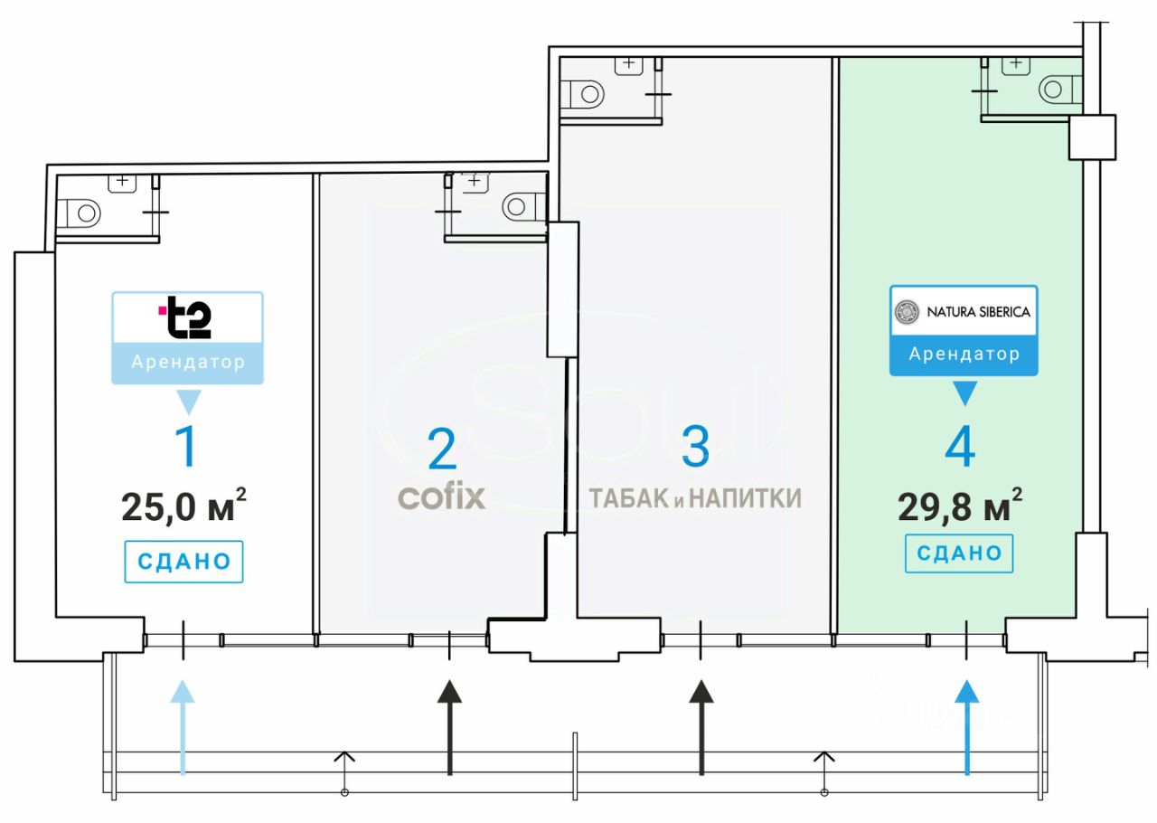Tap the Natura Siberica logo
[x=963, y=313]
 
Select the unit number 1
[x=185, y=447]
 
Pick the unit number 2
[x=442, y=449]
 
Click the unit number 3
[x=694, y=447]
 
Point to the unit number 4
[x=960, y=448]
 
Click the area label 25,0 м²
[x=183, y=506]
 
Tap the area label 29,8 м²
[x=960, y=506]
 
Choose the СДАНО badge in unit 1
[x=183, y=562]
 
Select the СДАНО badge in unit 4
[x=959, y=553]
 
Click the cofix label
[x=442, y=497]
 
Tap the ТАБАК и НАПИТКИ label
[x=694, y=497]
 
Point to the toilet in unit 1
[x=84, y=213]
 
